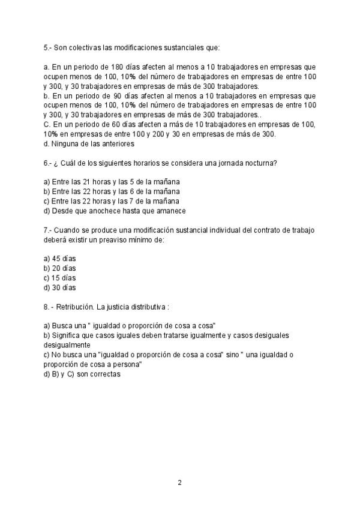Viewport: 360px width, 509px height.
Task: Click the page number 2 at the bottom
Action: [x=179, y=483]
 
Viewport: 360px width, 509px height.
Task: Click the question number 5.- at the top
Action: [x=49, y=47]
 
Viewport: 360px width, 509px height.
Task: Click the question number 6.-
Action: [x=49, y=163]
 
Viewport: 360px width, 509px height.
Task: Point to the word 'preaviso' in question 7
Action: [x=106, y=239]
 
